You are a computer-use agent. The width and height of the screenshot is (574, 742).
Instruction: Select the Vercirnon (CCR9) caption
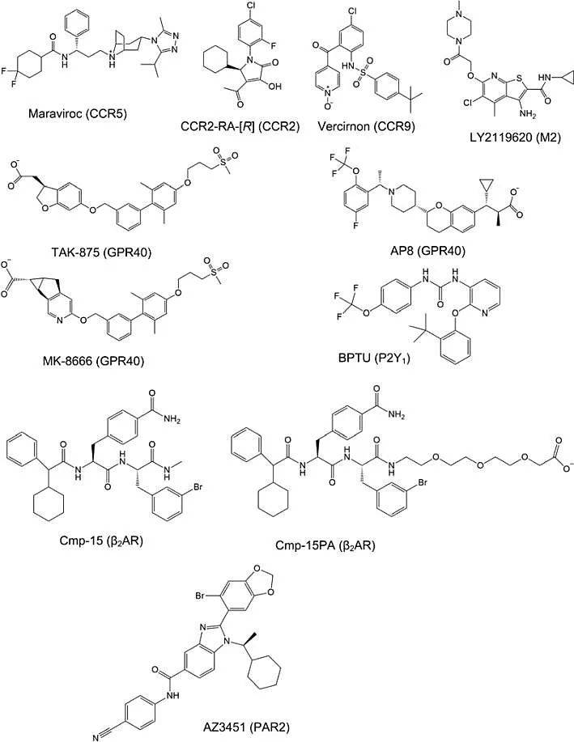(x=359, y=128)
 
